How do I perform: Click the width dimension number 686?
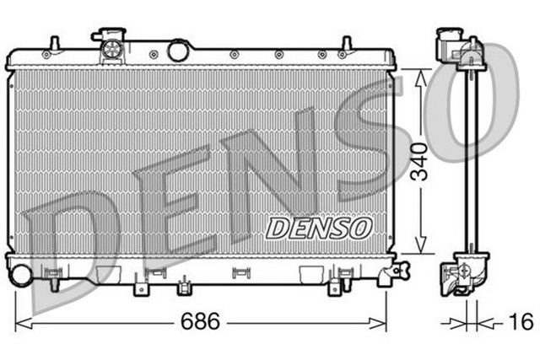click(202, 322)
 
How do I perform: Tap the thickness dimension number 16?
click(521, 322)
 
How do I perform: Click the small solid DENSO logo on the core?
click(319, 228)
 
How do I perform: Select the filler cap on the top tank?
click(110, 46)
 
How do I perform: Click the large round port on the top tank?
click(178, 51)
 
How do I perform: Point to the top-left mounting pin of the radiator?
click(53, 43)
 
